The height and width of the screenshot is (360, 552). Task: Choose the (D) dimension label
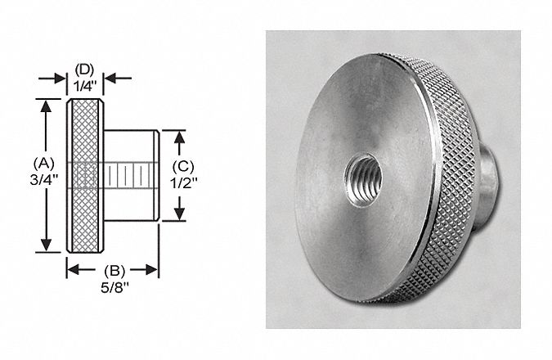click(x=85, y=68)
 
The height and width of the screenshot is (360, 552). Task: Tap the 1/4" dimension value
click(x=85, y=83)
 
